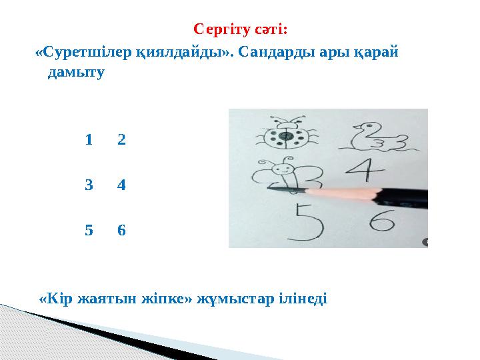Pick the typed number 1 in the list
point(89,141)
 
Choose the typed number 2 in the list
point(121,141)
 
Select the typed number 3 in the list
point(89,186)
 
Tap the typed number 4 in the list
point(121,186)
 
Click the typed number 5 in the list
point(89,231)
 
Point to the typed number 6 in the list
point(121,231)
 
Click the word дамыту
point(76,73)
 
